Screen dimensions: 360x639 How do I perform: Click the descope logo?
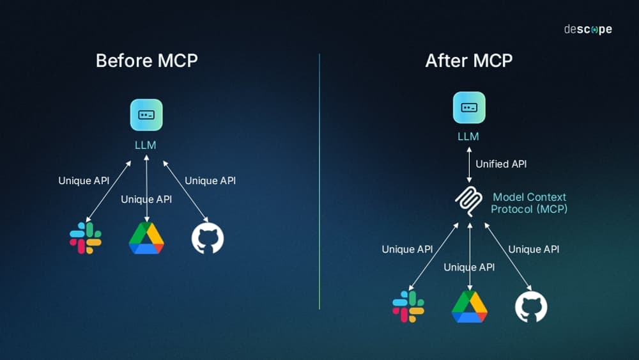click(587, 29)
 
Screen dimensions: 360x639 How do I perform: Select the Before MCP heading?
click(146, 61)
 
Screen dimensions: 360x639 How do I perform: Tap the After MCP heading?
click(469, 61)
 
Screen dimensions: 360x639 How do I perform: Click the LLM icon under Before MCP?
click(146, 115)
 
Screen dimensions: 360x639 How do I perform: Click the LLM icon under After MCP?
click(469, 107)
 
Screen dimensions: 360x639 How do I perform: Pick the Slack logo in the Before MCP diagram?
click(86, 238)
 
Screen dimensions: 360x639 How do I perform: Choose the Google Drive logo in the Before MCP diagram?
click(146, 239)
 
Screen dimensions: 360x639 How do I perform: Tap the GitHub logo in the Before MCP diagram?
click(208, 238)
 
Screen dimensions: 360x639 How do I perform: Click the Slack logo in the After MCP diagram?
click(408, 306)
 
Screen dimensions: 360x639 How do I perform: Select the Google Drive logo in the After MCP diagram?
click(470, 307)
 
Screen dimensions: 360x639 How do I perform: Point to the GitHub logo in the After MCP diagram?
click(531, 306)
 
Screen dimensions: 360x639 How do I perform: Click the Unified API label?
click(501, 164)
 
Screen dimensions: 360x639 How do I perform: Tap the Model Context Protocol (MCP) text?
click(529, 203)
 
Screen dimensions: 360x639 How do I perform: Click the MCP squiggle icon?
click(470, 203)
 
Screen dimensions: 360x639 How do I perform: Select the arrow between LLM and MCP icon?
click(470, 164)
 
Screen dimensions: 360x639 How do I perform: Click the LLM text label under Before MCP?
click(146, 145)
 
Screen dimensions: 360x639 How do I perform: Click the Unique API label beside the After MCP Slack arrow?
click(407, 249)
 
